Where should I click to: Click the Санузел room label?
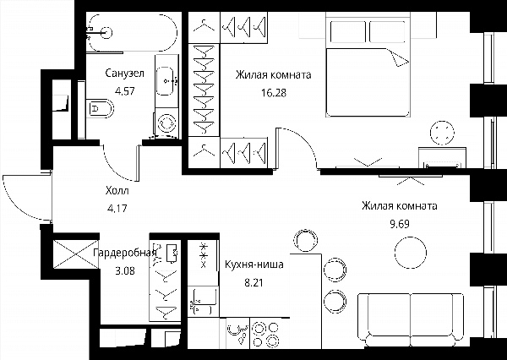[124, 74]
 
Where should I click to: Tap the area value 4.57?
[124, 91]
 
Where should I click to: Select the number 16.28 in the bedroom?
[274, 93]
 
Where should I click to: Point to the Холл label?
[117, 191]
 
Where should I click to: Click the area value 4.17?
[117, 209]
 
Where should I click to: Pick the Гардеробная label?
[125, 253]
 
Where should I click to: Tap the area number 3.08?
[125, 270]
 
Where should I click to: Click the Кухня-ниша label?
[254, 265]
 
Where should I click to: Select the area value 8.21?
[253, 283]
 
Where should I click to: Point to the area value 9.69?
[400, 224]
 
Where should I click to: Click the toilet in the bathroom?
[101, 108]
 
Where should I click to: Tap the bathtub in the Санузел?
[133, 32]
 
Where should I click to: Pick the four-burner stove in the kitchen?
[265, 335]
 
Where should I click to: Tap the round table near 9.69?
[411, 253]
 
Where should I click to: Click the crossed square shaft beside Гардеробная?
[75, 254]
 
